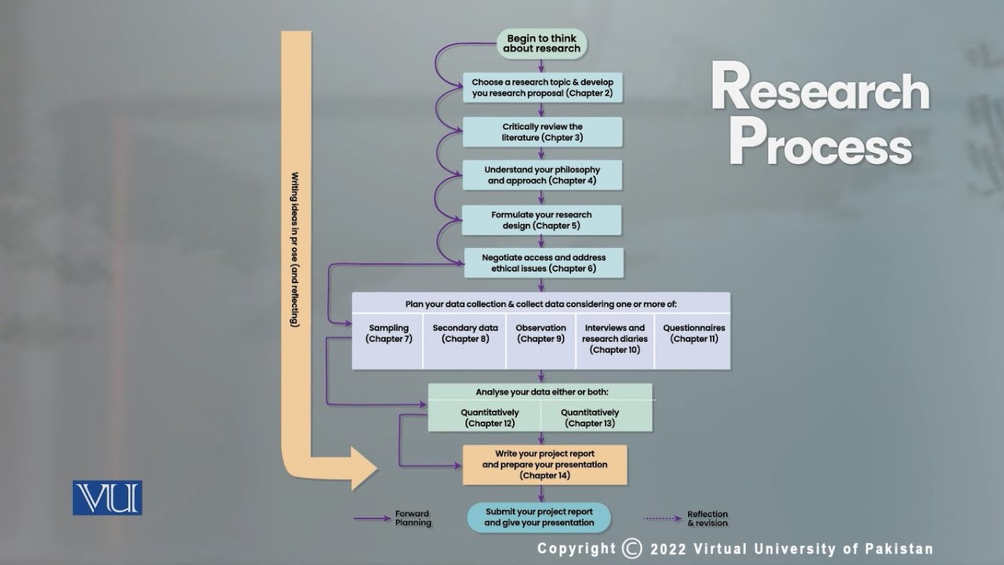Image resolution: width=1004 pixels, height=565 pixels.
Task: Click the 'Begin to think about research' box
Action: coord(542,43)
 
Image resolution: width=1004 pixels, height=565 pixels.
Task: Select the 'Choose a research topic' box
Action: coord(542,88)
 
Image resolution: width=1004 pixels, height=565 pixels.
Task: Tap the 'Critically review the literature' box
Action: coord(542,132)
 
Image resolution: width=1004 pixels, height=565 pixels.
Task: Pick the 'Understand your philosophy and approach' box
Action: coord(542,175)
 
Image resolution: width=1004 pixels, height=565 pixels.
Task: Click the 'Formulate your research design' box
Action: coord(541,221)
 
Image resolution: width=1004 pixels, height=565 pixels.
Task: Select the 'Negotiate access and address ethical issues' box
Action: coord(544,263)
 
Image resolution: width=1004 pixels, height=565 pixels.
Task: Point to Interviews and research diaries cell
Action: coord(615,340)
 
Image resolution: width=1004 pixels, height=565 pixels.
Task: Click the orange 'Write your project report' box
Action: coord(544,465)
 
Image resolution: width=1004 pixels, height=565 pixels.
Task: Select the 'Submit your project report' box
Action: coord(539,517)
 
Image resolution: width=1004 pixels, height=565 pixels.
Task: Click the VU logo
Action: coord(107,498)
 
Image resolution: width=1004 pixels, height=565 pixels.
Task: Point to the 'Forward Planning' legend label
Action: coord(413,519)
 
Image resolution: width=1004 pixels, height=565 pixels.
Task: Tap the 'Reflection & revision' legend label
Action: coord(708,519)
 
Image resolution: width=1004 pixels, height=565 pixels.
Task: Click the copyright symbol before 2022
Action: coord(631,549)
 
